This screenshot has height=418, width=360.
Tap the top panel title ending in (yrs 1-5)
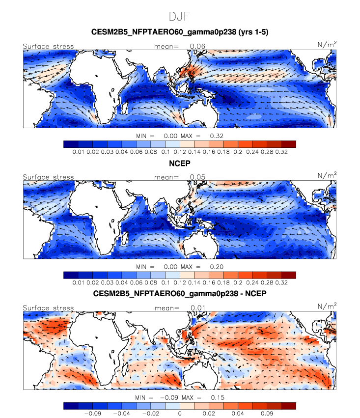pyautogui.click(x=180, y=32)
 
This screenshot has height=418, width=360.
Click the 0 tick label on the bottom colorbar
pyautogui.click(x=180, y=414)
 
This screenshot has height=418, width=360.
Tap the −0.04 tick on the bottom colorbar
pyautogui.click(x=122, y=414)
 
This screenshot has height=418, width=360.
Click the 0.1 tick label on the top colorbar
pyautogui.click(x=166, y=152)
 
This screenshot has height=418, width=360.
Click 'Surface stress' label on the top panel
pyautogui.click(x=48, y=47)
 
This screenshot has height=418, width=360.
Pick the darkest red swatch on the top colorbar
pyautogui.click(x=289, y=144)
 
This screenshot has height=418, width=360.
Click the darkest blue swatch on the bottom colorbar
pyautogui.click(x=71, y=406)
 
